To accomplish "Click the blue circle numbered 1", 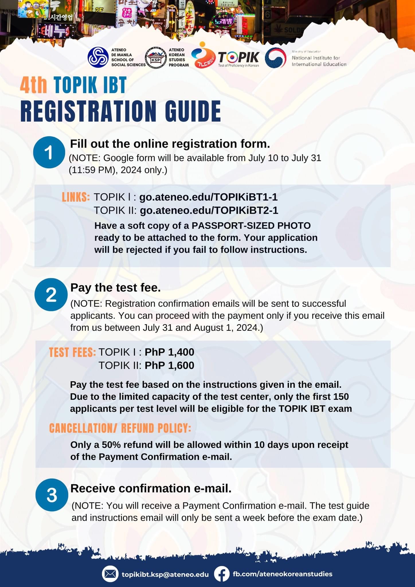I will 49,152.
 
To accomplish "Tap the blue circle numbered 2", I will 51,295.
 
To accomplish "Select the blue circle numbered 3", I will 52,495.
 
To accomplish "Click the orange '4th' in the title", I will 34,85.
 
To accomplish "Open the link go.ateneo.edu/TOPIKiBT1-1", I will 208,197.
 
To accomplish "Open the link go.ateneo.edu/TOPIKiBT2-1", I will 209,211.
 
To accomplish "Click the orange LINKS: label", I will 76,197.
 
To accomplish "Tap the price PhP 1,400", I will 169,352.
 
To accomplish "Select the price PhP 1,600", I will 169,365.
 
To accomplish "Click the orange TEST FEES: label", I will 72,353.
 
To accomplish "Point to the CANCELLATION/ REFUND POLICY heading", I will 120,428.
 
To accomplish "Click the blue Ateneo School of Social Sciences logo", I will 98,57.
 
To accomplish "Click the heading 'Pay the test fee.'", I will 116,288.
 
